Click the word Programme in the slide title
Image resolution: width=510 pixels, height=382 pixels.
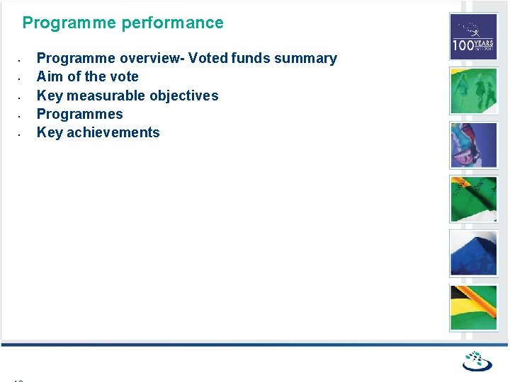(69, 23)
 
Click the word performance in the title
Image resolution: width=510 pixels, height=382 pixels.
(172, 23)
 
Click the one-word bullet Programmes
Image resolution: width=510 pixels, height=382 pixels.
(79, 114)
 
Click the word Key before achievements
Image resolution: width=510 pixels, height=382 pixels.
(50, 132)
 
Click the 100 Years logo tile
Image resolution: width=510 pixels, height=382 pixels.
(474, 37)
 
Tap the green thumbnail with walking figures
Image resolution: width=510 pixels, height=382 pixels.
(474, 91)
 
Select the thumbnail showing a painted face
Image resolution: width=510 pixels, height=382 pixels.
(474, 145)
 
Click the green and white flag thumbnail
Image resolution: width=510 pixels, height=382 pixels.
(474, 199)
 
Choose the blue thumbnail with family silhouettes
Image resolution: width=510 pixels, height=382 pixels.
(474, 253)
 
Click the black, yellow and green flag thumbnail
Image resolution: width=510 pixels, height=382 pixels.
(474, 308)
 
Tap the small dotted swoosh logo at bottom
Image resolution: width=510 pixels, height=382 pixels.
(477, 361)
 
